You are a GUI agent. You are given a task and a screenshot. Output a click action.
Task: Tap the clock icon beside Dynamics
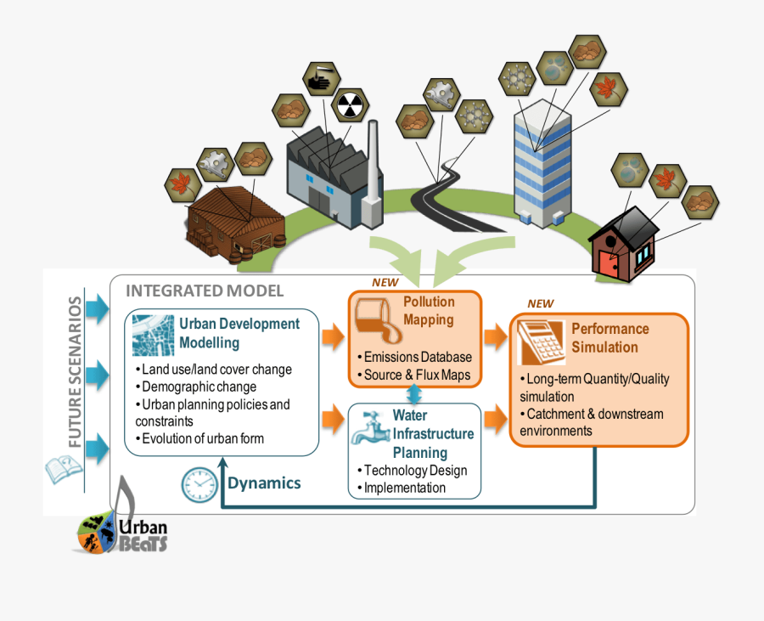(199, 484)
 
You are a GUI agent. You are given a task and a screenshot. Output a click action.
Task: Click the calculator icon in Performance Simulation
(541, 341)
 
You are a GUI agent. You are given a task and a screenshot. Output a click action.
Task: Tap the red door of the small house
(607, 261)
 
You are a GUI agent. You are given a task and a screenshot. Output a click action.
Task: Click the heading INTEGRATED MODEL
(205, 291)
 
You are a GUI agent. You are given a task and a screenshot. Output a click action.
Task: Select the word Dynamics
(264, 483)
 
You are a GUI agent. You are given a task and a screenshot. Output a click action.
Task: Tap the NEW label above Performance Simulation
(540, 303)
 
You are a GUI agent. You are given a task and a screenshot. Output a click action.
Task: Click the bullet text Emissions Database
(417, 357)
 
